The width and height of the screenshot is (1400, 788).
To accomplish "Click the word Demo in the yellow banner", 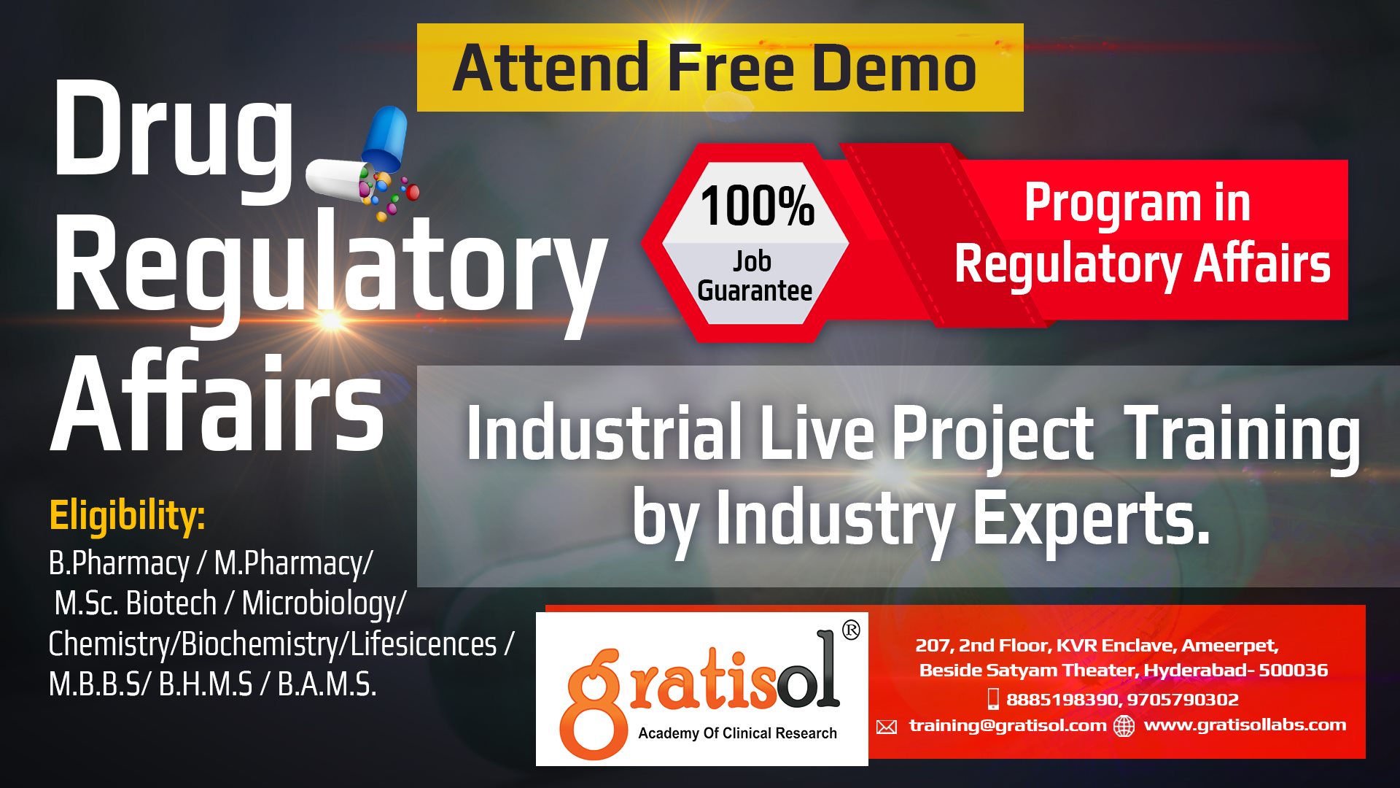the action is (x=893, y=67).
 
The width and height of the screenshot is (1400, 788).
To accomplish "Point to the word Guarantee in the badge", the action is (x=755, y=290).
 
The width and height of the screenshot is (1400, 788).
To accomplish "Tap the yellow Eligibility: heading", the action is (x=127, y=517).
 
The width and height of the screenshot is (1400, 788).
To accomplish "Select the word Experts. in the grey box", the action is (x=1092, y=517).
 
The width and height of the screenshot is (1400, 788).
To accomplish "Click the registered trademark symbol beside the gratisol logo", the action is (x=851, y=630).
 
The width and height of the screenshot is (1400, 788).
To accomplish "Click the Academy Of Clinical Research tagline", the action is (x=737, y=733).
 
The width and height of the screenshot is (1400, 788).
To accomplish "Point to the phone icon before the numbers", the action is (x=992, y=699).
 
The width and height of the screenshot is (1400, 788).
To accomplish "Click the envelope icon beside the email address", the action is (x=887, y=727).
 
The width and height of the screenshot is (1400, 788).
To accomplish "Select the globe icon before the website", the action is (x=1124, y=726).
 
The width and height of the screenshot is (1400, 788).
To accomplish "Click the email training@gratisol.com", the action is (x=1008, y=725).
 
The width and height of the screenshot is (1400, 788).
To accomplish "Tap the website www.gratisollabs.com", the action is (x=1245, y=725).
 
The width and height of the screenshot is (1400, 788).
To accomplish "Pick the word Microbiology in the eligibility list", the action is (x=319, y=604).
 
